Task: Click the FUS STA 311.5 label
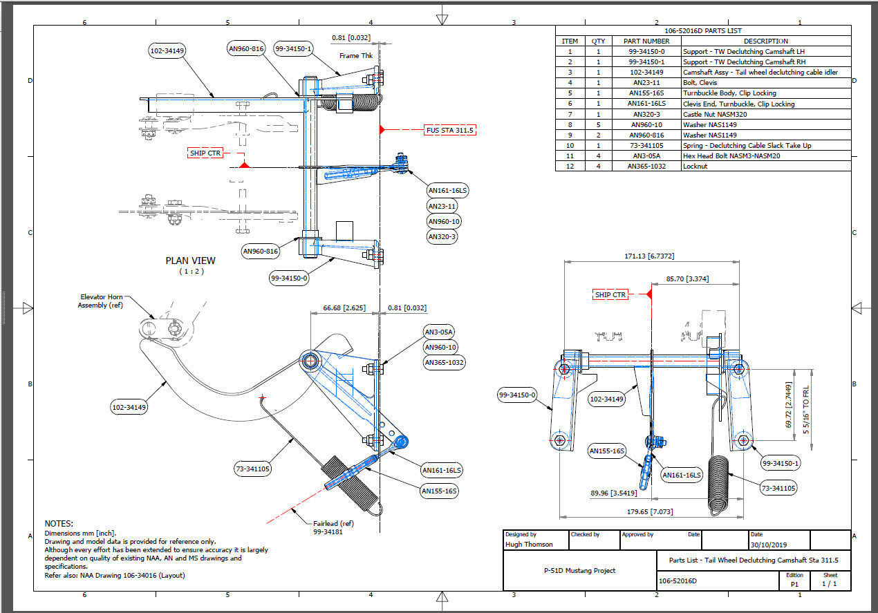click(x=450, y=130)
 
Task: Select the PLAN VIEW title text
click(x=191, y=261)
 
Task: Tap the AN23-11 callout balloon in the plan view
click(x=442, y=206)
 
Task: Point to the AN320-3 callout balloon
click(x=442, y=237)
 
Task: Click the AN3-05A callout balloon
click(x=438, y=332)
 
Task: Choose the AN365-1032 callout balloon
click(x=444, y=363)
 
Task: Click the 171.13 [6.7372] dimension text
click(x=649, y=256)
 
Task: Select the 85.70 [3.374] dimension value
click(x=687, y=279)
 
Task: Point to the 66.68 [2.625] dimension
click(x=344, y=308)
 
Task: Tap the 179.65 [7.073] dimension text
click(x=650, y=511)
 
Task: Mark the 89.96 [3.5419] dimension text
click(x=614, y=493)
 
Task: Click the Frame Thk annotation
click(x=356, y=56)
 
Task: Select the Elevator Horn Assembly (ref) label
click(x=100, y=301)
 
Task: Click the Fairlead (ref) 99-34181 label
click(x=333, y=527)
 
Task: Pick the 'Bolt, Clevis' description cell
click(x=700, y=83)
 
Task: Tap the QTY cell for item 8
click(x=598, y=124)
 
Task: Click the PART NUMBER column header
click(x=646, y=41)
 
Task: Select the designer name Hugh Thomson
click(x=529, y=545)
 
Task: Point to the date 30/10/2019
click(x=768, y=545)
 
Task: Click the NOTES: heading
click(x=59, y=524)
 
